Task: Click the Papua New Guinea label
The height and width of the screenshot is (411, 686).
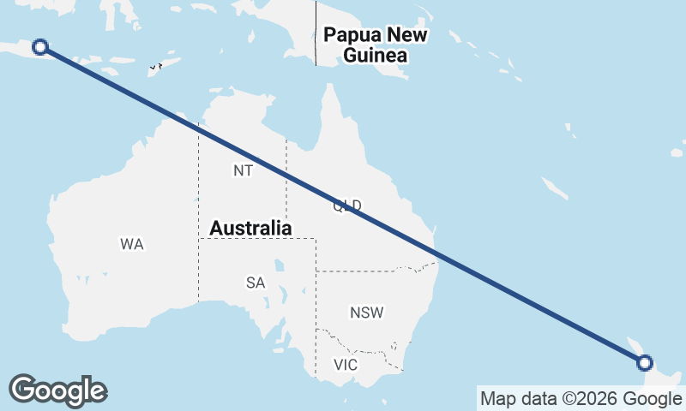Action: pos(375,45)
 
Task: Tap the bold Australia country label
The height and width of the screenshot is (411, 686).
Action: pos(250,229)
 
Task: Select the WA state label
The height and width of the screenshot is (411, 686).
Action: pos(131,245)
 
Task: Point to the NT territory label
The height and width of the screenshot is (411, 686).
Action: pos(243,170)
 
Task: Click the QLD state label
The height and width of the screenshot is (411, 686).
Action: pos(347,205)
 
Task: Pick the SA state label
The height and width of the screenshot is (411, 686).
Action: pos(256,283)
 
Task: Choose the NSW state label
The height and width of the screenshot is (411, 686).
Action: pos(366,313)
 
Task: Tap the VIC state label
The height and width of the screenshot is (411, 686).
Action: pos(345,365)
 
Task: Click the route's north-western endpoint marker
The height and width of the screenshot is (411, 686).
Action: pos(39,47)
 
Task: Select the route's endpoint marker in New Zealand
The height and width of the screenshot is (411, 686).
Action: pos(645,363)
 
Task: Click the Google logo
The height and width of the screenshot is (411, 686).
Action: pos(57,390)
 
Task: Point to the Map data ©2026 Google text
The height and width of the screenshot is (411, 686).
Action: pos(581,398)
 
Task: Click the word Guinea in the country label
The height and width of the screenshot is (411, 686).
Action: pos(375,56)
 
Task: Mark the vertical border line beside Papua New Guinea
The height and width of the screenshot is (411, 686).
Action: pos(316,34)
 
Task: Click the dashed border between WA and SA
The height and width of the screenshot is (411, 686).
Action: pos(198,274)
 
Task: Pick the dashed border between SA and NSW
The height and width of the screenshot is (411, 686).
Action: pos(316,300)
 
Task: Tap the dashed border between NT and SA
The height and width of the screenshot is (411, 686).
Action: pos(257,239)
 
